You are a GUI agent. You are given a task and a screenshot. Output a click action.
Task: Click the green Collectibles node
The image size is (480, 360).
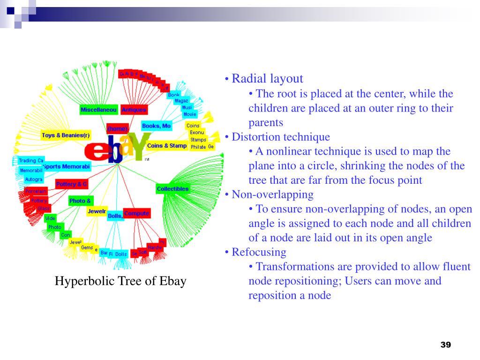click(x=172, y=189)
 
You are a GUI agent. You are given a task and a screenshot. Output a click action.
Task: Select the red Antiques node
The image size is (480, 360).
click(x=134, y=110)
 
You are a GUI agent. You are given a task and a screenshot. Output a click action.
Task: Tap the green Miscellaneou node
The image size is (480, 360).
click(x=98, y=110)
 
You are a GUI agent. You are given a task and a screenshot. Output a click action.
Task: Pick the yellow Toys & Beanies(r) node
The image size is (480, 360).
click(x=66, y=135)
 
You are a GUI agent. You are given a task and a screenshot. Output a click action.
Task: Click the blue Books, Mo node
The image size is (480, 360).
click(x=156, y=126)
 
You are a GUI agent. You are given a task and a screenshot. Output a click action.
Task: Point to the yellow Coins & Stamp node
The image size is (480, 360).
click(x=166, y=146)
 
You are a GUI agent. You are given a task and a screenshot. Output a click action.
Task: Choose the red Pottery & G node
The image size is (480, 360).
click(x=71, y=184)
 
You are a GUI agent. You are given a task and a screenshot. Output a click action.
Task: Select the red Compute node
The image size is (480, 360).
click(x=136, y=214)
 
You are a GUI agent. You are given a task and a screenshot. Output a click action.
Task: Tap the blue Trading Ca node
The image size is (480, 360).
click(x=31, y=160)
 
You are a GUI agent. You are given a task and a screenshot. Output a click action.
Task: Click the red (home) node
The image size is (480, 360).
click(x=117, y=128)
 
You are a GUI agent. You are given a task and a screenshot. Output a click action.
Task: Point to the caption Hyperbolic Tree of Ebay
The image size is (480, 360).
click(x=120, y=281)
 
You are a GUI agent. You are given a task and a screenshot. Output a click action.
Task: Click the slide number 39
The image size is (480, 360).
click(x=445, y=345)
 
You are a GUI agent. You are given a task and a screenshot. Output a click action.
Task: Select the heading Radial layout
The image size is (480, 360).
click(x=268, y=79)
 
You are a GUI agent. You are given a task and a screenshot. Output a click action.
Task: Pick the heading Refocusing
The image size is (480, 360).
click(x=259, y=252)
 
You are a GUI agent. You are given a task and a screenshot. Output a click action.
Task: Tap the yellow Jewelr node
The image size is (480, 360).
click(x=97, y=211)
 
